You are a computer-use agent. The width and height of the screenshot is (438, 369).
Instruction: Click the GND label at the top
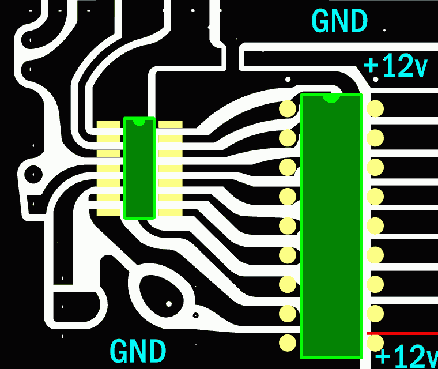pos(339,21)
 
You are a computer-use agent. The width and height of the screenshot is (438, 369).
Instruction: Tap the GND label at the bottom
pos(138,351)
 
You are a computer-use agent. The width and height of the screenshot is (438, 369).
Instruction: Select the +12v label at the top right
pos(396,67)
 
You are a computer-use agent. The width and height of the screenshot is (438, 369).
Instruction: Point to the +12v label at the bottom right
pos(406,356)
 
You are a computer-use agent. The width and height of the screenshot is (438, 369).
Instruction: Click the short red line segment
pos(402,333)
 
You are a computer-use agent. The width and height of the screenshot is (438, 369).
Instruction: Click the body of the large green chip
pos(331,231)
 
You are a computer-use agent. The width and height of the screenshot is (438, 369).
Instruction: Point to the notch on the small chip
pos(139,122)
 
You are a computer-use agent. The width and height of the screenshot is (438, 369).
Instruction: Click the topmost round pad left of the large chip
pos(288,108)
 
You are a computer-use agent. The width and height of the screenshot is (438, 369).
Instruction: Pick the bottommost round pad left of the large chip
pos(288,343)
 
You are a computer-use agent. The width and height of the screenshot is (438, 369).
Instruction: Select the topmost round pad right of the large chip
pos(375,108)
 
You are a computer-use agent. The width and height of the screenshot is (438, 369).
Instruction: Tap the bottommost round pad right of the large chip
pos(375,343)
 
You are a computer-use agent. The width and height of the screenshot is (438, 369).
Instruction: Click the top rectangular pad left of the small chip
pos(108,125)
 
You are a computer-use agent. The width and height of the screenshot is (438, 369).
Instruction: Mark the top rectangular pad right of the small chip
pos(170,125)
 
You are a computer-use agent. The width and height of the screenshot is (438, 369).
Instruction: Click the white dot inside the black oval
pos(169,303)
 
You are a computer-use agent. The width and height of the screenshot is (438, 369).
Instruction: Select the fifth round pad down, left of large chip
pos(288,226)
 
